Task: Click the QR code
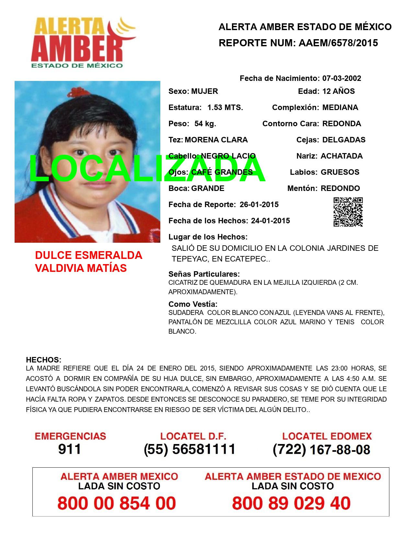click(348, 212)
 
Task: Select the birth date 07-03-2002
click(341, 78)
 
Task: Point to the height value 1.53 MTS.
click(225, 107)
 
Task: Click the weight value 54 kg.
click(205, 124)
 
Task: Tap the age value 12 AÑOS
click(338, 91)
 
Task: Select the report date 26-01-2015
click(259, 205)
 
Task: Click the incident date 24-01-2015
click(270, 221)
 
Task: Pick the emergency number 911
click(69, 449)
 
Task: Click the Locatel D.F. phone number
click(189, 449)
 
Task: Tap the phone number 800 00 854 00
click(117, 503)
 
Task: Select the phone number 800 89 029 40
click(291, 503)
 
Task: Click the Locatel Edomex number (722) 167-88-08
click(321, 449)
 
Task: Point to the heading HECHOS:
click(43, 360)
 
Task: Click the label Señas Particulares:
click(204, 274)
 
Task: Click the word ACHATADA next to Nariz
click(341, 156)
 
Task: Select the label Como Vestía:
click(193, 304)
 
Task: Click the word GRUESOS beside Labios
click(340, 172)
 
